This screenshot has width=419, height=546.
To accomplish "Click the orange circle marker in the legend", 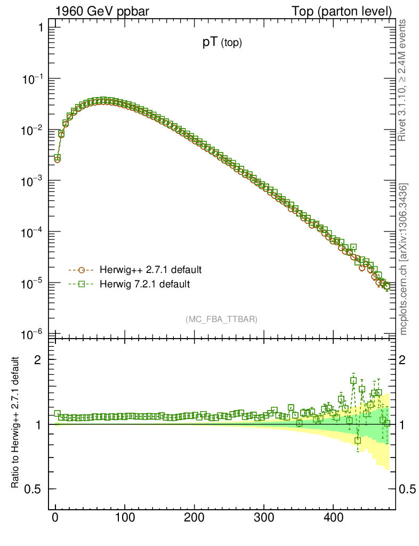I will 82,269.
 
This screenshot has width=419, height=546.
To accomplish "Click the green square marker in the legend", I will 82,284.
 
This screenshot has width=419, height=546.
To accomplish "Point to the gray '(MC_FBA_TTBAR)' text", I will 221,319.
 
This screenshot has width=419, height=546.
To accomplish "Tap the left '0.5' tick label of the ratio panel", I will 33,489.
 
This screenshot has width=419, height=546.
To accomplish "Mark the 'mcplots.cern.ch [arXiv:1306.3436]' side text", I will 404,259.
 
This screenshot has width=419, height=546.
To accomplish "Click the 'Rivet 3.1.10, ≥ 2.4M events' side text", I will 403,80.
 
